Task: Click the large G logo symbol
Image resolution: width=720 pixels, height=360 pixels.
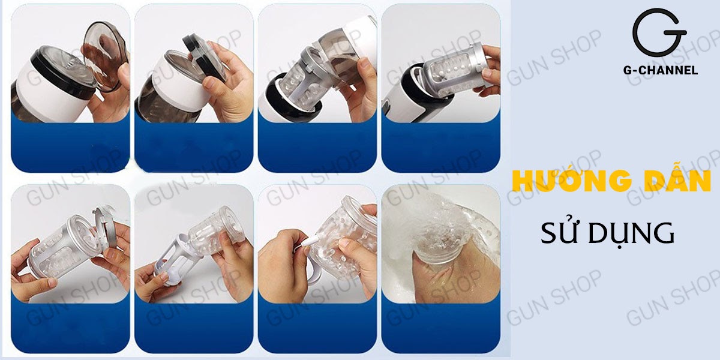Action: (x=658, y=33)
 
